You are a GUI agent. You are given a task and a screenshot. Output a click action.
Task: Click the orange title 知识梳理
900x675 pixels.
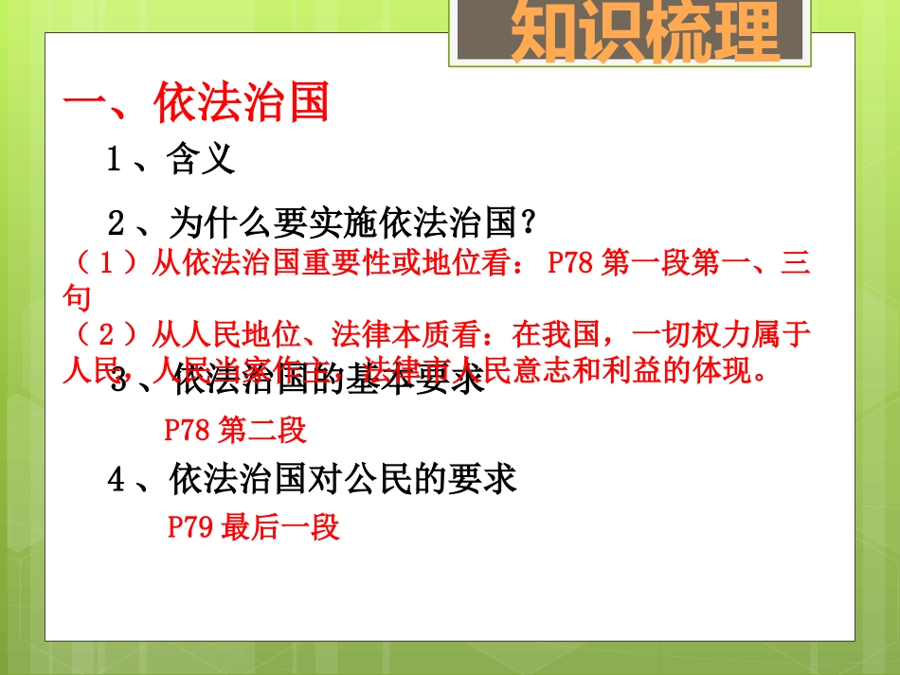tap(645, 34)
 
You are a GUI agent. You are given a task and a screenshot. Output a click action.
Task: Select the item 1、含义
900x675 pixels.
tap(171, 160)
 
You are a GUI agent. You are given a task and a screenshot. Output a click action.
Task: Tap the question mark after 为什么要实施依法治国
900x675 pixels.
tap(531, 224)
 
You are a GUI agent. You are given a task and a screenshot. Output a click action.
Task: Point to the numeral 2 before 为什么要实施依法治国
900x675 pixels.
tap(116, 224)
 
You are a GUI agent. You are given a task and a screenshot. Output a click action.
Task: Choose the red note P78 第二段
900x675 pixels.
tap(236, 431)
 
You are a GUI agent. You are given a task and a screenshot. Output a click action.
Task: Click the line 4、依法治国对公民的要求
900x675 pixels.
tap(313, 480)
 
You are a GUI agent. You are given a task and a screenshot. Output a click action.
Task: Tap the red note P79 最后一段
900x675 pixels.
tap(253, 527)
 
